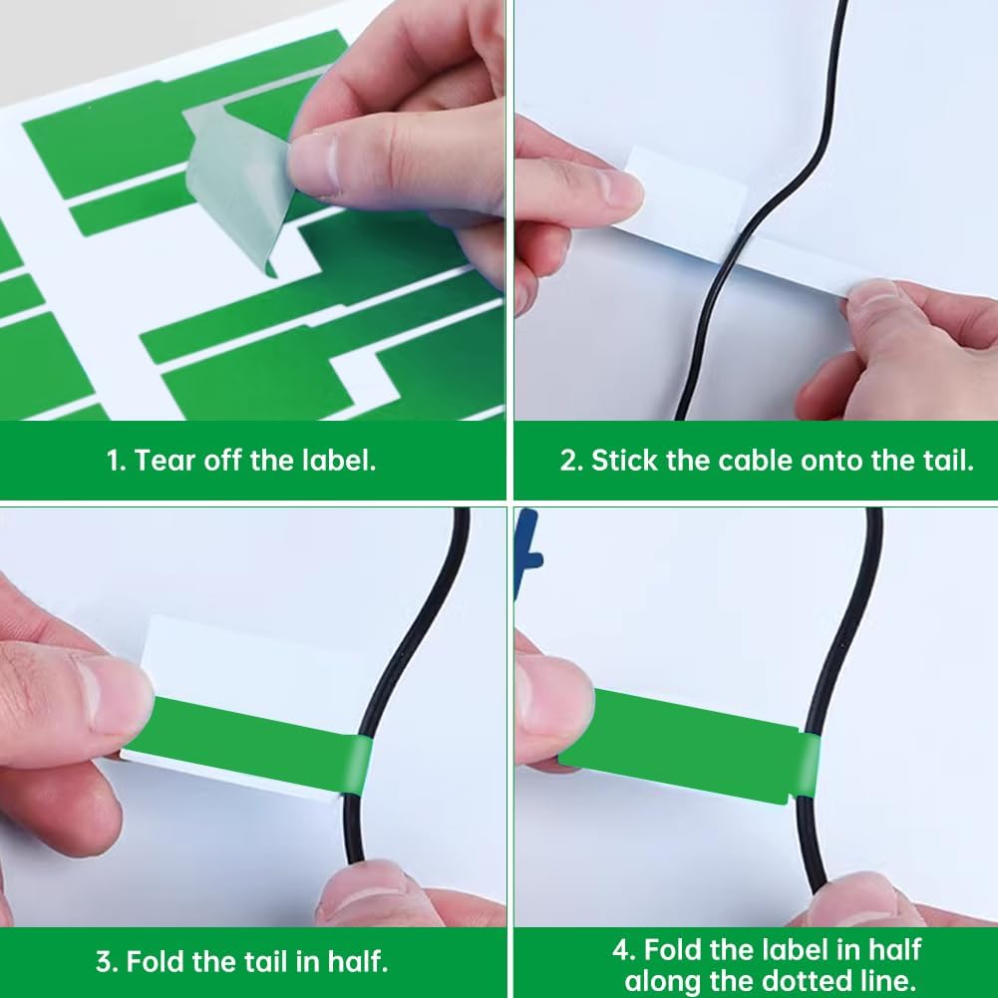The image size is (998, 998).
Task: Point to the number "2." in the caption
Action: pyautogui.click(x=571, y=461)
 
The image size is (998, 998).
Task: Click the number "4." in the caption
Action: pyautogui.click(x=624, y=948)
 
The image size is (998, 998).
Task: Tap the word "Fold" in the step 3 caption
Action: pyautogui.click(x=156, y=961)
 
